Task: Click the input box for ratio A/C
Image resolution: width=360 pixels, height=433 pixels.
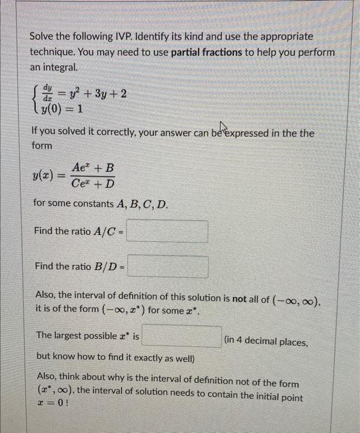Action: (168, 232)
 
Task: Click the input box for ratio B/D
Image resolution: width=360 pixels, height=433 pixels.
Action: (168, 267)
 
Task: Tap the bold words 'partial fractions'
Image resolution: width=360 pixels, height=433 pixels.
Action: (207, 52)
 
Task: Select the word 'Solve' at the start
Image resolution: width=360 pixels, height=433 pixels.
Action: (43, 36)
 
